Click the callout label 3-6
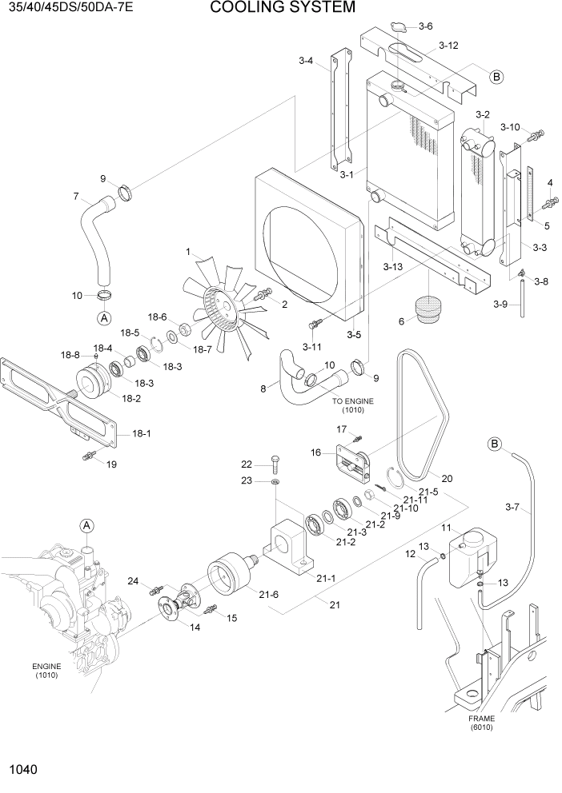tap(425, 26)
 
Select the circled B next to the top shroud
tap(496, 78)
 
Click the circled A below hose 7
tap(104, 318)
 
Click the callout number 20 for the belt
tap(447, 479)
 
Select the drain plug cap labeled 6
tap(430, 309)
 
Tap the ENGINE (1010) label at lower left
tap(46, 671)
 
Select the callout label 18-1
tap(141, 433)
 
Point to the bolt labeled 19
tap(88, 456)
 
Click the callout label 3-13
tap(392, 266)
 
